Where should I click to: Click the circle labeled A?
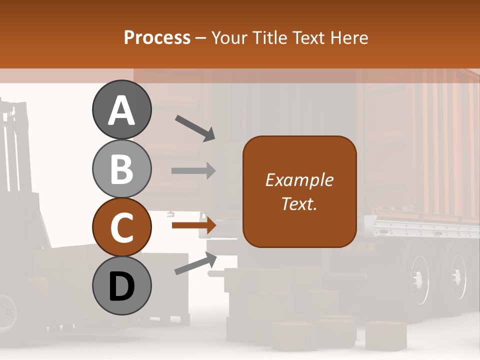tap(121, 109)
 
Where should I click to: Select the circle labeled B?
tap(121, 169)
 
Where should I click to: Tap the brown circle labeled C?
tap(121, 227)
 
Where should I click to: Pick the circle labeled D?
tap(121, 285)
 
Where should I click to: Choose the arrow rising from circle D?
tap(195, 263)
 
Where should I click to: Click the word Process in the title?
tap(157, 38)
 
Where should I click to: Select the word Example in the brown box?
tap(299, 180)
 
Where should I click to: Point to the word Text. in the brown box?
tap(299, 203)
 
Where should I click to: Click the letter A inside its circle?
tap(121, 111)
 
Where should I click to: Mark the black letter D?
tap(121, 286)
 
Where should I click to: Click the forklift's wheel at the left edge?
tap(7, 310)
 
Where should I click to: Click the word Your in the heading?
tap(229, 38)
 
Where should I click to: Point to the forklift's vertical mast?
tap(12, 150)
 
